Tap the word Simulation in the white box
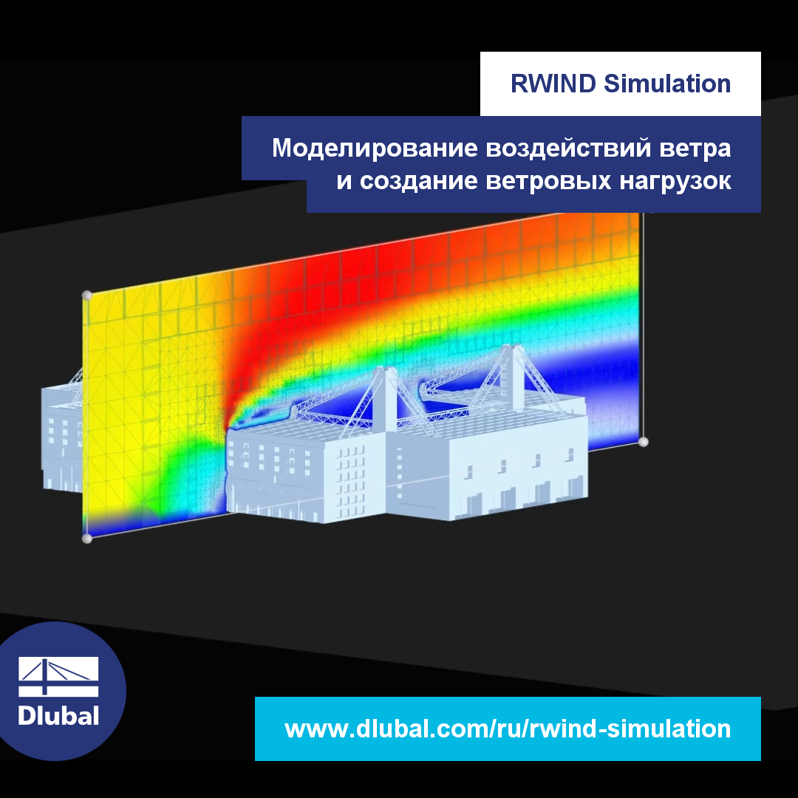[x=667, y=84]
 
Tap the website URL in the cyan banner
[x=508, y=729]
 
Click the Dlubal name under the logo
[x=58, y=715]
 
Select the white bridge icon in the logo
[x=58, y=676]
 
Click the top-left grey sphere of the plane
[x=86, y=296]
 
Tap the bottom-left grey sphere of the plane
[x=86, y=539]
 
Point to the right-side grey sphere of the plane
[x=644, y=442]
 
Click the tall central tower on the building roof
[x=385, y=399]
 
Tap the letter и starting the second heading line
[x=344, y=182]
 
